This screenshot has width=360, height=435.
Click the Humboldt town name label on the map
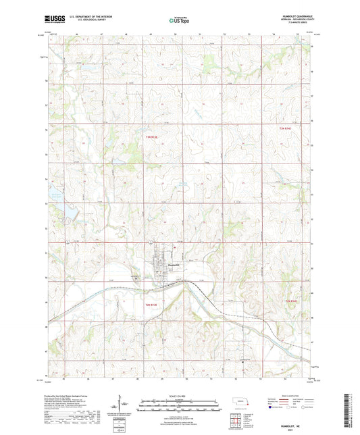pyautogui.click(x=174, y=266)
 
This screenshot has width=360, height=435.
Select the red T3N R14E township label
pyautogui.click(x=289, y=128)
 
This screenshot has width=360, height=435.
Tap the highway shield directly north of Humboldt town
pyautogui.click(x=153, y=242)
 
